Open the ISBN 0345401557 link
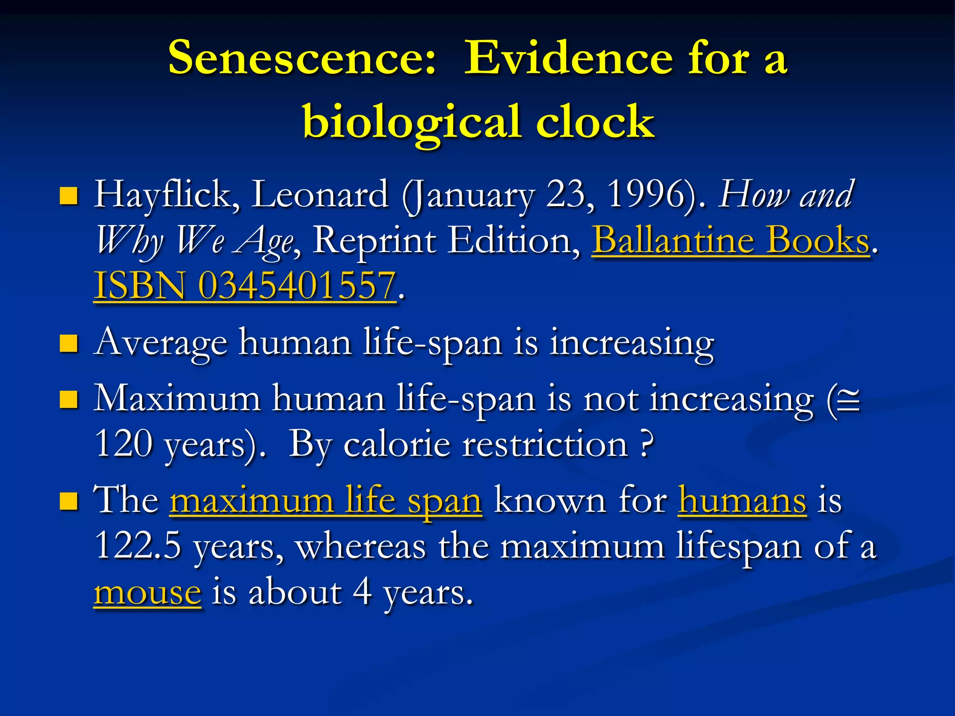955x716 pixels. pyautogui.click(x=245, y=286)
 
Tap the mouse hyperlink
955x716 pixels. pyautogui.click(x=147, y=593)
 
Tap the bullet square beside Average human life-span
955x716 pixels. pyautogui.click(x=69, y=344)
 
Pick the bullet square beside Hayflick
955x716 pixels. pyautogui.click(x=69, y=196)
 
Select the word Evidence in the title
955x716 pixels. pyautogui.click(x=568, y=58)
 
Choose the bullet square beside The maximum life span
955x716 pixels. pyautogui.click(x=69, y=502)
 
